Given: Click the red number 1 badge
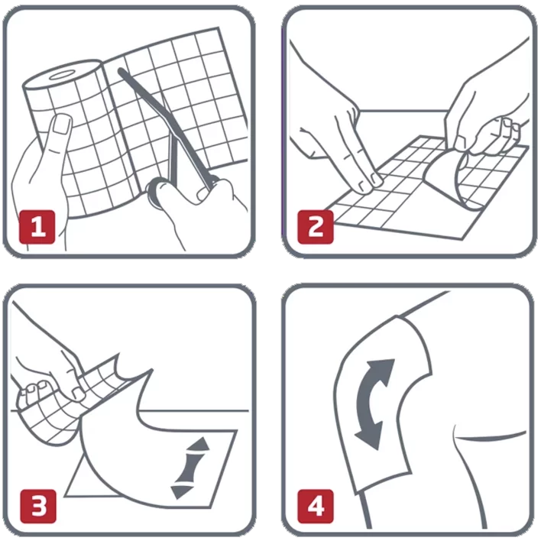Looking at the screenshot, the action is (37, 227).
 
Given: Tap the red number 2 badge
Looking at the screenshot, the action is (316, 227).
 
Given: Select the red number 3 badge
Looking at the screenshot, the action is (38, 506).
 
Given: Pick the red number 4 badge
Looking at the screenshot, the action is (316, 506).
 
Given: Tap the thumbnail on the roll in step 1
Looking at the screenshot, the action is (62, 125).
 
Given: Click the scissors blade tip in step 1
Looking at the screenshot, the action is (121, 71).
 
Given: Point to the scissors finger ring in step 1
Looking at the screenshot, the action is (155, 194).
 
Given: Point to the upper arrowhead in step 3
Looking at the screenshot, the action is (199, 445).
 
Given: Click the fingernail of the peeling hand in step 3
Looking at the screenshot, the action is (78, 394).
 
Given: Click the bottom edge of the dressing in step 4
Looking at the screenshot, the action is (383, 481).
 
